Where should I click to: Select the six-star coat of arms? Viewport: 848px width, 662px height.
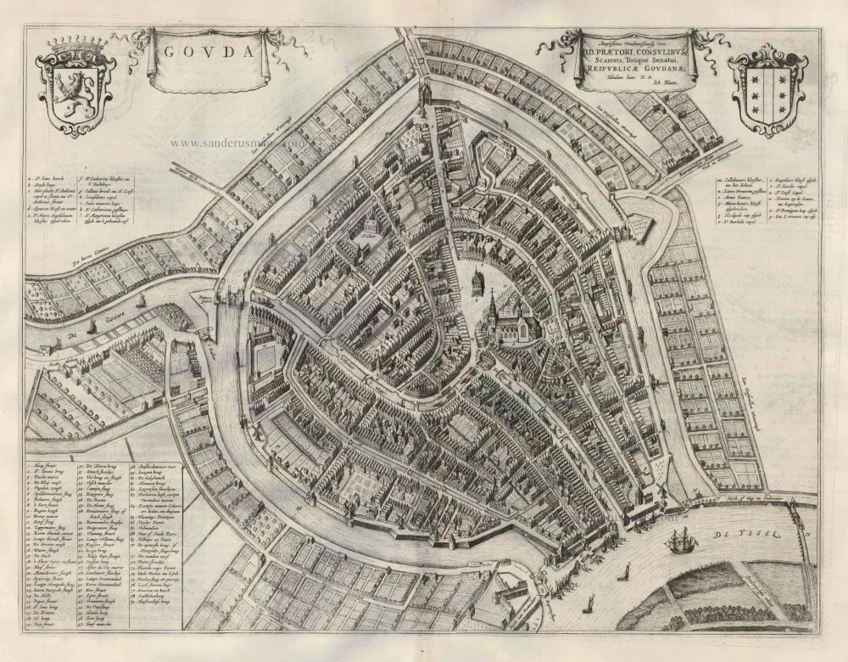click(767, 89)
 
